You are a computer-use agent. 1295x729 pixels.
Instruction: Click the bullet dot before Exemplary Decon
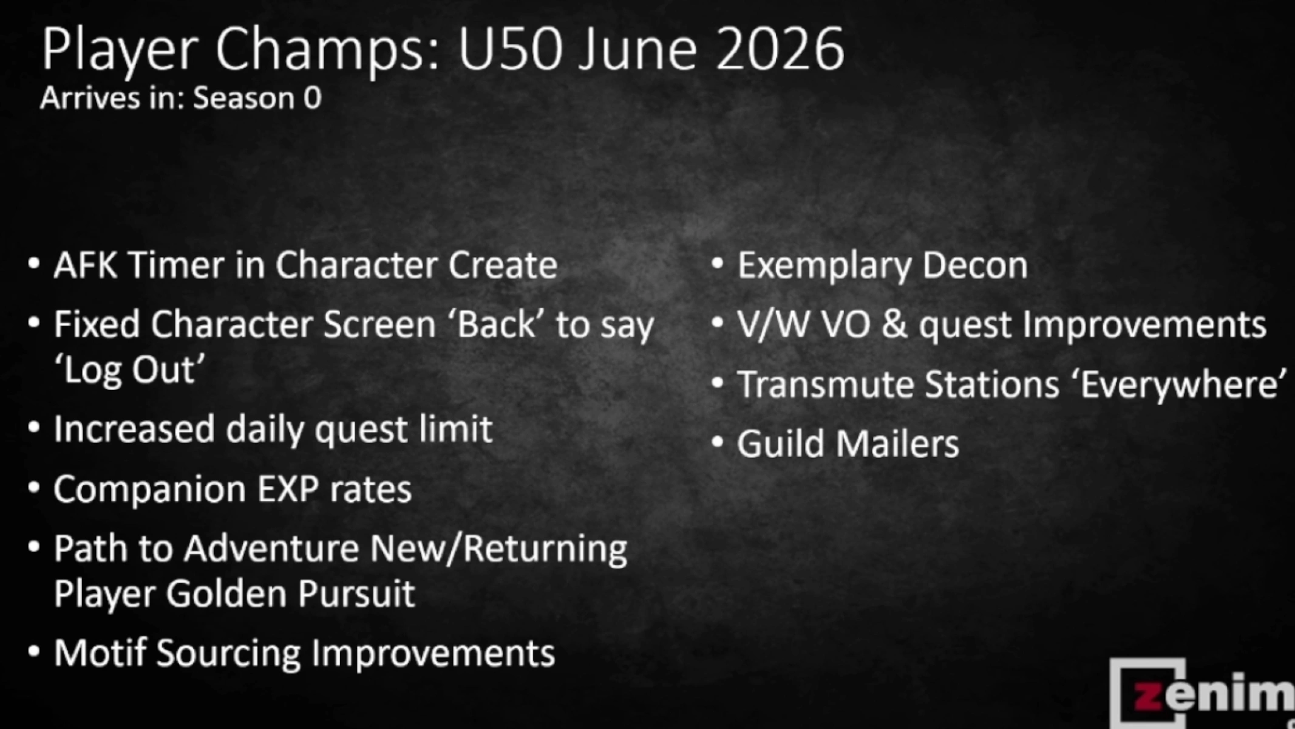click(x=718, y=264)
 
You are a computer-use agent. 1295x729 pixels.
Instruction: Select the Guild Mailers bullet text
click(x=848, y=443)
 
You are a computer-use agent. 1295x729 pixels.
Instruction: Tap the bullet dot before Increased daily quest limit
click(x=34, y=428)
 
